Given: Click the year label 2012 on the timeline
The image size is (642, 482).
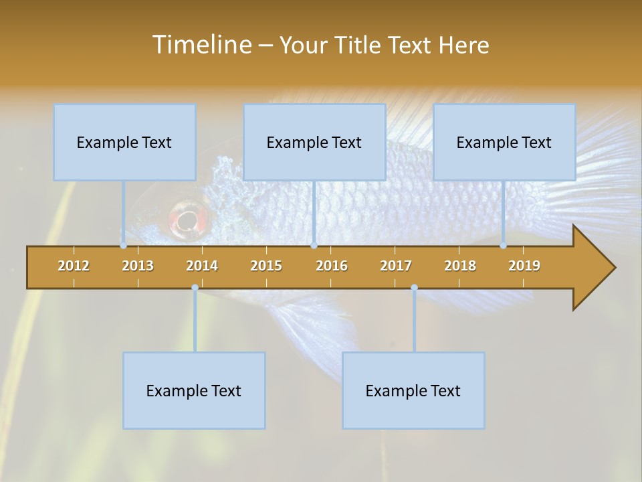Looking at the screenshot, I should click(74, 266).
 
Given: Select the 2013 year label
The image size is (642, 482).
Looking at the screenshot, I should click(138, 266).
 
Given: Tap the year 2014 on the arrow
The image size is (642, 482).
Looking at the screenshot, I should click(202, 266).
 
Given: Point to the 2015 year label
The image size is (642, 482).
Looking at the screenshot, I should click(266, 266).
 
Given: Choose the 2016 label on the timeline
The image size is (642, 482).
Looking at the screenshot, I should click(332, 266).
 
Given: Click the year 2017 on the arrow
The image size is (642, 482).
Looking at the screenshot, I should click(396, 266).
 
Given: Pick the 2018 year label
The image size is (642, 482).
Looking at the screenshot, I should click(460, 266).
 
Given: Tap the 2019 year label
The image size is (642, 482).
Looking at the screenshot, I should click(524, 266).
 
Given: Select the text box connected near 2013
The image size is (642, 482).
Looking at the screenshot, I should click(124, 142).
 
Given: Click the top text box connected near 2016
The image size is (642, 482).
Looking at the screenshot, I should click(314, 142).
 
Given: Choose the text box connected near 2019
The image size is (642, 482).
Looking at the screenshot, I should click(504, 142).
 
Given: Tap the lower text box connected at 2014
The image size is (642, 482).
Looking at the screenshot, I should click(194, 390).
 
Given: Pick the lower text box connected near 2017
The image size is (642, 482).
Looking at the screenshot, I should click(413, 390).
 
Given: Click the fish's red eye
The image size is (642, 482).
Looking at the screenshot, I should click(187, 219).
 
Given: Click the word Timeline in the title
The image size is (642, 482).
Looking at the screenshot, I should click(201, 45).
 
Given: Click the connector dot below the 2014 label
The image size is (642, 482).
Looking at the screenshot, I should click(195, 288).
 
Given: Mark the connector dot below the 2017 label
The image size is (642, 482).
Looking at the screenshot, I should click(414, 288).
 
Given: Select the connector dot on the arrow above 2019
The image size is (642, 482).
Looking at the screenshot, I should click(504, 246).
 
